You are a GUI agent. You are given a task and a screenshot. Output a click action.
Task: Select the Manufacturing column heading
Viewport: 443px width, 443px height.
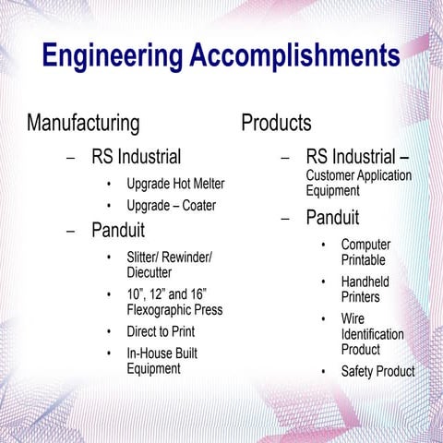coord(83,123)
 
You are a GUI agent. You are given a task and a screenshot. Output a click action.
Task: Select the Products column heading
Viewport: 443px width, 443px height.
coord(276,122)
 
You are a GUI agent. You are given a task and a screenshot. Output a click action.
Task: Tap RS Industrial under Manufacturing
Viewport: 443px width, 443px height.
coord(136,156)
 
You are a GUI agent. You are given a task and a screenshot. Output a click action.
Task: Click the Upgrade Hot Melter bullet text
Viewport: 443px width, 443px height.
coord(175,184)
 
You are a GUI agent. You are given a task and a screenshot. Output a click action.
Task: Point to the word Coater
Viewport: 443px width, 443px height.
coord(199,205)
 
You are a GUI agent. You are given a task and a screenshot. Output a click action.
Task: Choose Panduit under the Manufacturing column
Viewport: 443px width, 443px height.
coord(118,230)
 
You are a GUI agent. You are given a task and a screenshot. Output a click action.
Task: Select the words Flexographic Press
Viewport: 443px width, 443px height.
coord(174,310)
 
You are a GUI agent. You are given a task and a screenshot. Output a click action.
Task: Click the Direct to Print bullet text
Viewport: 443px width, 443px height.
coord(161,331)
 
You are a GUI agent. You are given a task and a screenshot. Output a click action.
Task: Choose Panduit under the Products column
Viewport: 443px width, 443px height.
coord(332,219)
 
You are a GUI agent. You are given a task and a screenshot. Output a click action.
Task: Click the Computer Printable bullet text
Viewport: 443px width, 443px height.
coord(365,252)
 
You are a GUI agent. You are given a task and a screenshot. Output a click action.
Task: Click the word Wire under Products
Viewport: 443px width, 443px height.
coord(353,319)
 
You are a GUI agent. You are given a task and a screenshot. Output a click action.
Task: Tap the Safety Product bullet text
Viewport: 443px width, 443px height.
coord(377,372)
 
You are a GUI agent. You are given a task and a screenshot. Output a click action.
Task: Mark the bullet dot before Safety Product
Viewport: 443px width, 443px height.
coord(323,372)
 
